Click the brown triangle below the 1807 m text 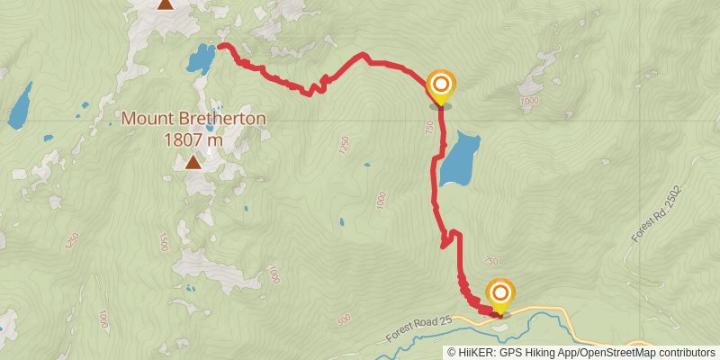click(x=193, y=162)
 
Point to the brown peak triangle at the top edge click(x=165, y=4)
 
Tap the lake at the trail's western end click(x=201, y=59)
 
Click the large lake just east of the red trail click(x=459, y=159)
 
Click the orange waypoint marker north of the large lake click(x=441, y=86)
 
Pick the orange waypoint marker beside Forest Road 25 click(x=499, y=293)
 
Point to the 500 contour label click(x=342, y=320)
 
